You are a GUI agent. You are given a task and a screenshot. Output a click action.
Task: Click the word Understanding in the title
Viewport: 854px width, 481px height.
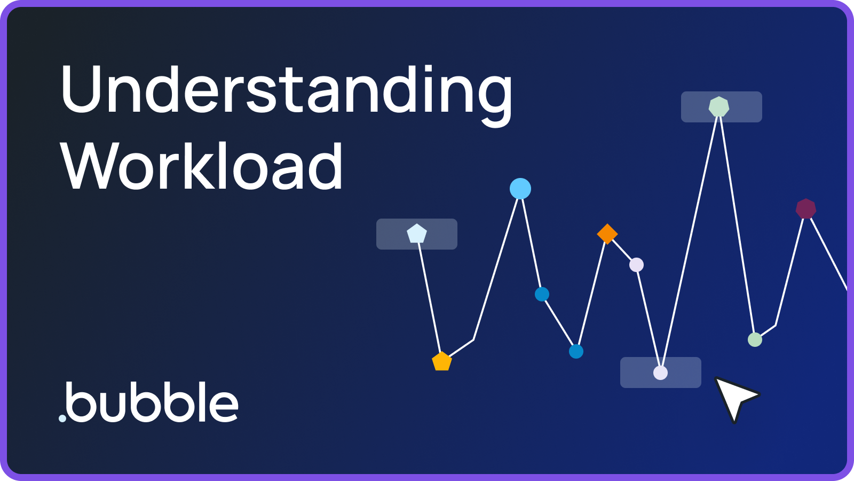click(x=287, y=91)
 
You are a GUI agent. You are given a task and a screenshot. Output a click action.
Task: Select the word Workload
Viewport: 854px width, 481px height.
click(x=202, y=167)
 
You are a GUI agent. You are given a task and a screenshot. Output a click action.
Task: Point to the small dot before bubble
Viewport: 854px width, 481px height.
click(x=62, y=418)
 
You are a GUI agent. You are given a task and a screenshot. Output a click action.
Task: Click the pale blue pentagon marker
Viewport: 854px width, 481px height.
click(x=416, y=234)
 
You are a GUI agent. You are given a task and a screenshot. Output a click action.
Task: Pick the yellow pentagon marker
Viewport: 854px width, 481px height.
click(x=441, y=362)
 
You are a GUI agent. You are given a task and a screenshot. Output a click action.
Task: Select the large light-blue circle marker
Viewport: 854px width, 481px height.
click(x=520, y=189)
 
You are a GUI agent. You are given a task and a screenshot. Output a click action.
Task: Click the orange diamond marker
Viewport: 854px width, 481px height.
click(x=607, y=234)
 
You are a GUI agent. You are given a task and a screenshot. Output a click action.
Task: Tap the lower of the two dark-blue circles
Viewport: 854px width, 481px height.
click(x=576, y=351)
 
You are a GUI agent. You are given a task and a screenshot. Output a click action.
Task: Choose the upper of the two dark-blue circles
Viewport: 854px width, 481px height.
click(x=542, y=294)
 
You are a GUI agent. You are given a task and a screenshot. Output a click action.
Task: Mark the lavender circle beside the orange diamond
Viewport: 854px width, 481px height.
click(x=636, y=265)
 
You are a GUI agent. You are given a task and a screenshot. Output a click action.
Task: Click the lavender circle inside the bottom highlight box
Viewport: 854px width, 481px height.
click(x=660, y=373)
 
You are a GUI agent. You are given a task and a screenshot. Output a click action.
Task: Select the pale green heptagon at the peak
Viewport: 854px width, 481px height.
click(x=719, y=107)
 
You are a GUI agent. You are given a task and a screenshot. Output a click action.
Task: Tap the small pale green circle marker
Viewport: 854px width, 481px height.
click(x=755, y=339)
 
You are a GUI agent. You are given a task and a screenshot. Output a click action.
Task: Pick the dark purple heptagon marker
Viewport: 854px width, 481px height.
click(x=805, y=208)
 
